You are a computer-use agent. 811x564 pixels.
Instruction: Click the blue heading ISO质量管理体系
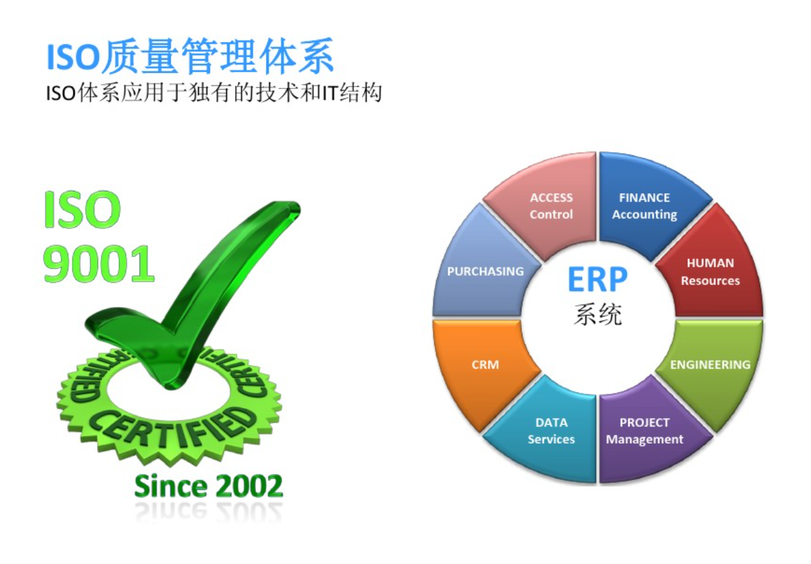190,56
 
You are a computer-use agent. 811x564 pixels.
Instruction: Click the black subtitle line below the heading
214,92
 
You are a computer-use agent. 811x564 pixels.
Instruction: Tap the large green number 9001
99,263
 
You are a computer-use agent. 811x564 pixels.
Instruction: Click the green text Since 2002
208,486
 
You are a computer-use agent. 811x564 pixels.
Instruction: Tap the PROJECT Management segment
648,431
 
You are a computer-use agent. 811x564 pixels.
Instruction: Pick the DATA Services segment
547,431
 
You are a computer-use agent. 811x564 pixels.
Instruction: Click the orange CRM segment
482,366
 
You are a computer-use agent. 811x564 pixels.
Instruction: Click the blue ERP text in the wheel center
597,279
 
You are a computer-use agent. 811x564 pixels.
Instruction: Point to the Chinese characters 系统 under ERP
598,314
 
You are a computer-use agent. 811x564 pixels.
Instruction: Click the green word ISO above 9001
82,209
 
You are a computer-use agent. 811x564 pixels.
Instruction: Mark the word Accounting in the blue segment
645,215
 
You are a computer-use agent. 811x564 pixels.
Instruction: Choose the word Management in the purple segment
645,439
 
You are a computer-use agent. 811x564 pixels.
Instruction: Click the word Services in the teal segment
551,439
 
